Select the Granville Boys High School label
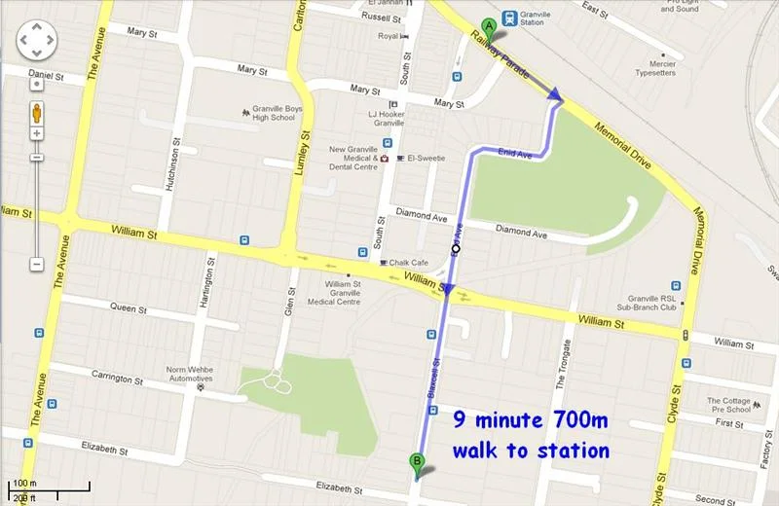click(267, 112)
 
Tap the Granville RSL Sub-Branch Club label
click(639, 302)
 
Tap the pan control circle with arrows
click(36, 40)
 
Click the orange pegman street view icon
click(36, 111)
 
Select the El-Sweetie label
click(426, 158)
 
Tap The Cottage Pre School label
click(728, 405)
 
